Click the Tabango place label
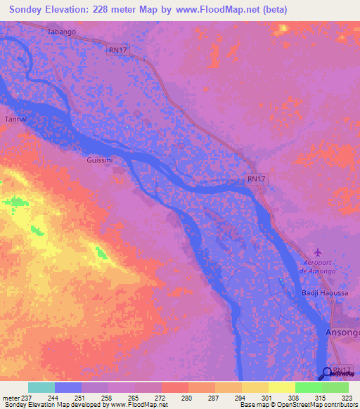pos(60,32)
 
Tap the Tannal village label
pos(15,119)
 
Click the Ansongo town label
pos(342,332)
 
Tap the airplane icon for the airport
pos(317,252)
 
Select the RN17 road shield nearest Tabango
pos(117,50)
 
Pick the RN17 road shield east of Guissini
pos(256,179)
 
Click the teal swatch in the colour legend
pos(41,387)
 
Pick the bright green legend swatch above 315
pos(308,387)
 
